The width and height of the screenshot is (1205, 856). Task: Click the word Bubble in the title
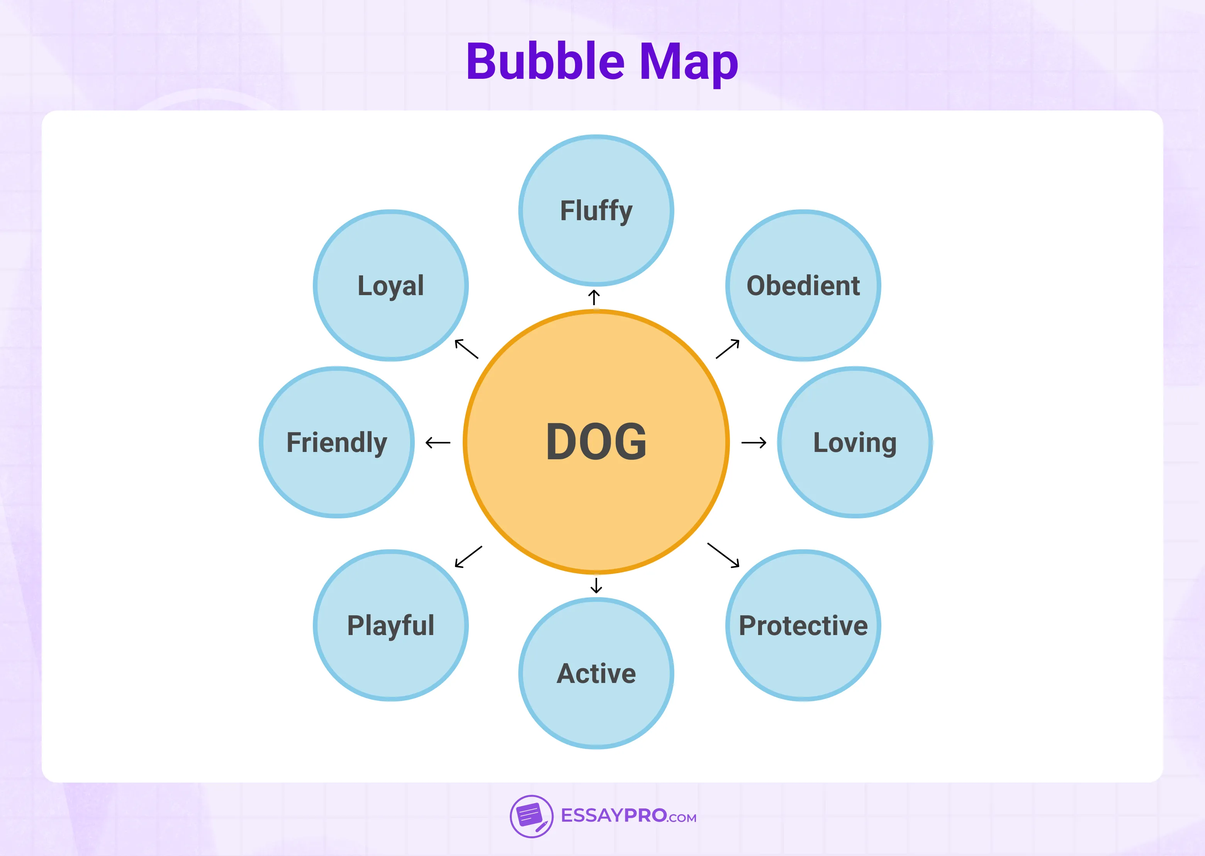545,62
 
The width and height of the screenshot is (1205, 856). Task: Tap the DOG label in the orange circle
596,442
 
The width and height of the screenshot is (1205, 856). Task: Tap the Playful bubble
390,625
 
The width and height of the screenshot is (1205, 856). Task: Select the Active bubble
596,673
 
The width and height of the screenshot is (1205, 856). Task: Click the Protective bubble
803,625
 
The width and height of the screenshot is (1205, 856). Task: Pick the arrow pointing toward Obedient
728,348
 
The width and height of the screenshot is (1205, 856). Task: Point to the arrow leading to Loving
754,442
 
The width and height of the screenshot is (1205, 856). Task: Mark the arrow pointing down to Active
596,585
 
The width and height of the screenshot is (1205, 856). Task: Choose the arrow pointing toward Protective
723,555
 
